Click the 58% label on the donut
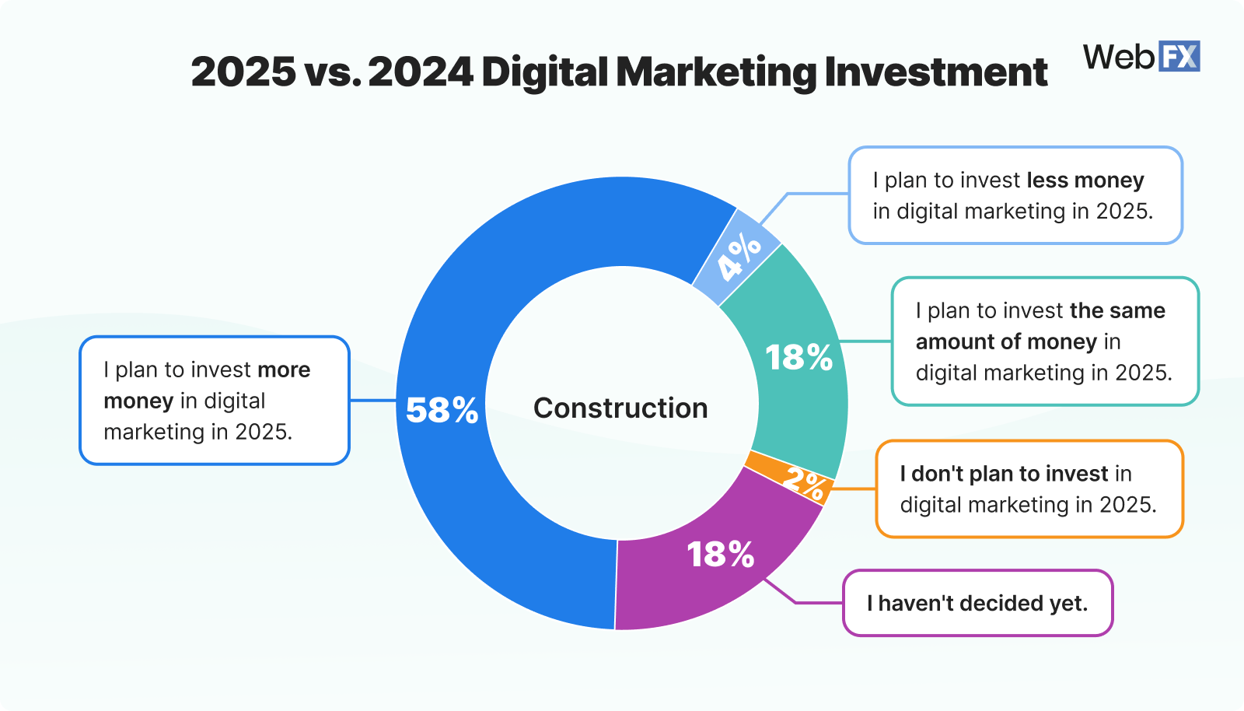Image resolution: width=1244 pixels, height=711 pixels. pyautogui.click(x=442, y=410)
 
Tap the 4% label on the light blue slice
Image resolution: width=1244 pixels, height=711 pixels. pyautogui.click(x=739, y=256)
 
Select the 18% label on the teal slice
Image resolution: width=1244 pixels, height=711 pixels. pyautogui.click(x=798, y=358)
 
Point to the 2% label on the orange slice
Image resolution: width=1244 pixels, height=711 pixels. pyautogui.click(x=804, y=484)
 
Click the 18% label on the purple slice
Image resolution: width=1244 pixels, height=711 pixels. pyautogui.click(x=721, y=555)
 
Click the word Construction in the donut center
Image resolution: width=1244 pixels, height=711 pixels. pyautogui.click(x=620, y=408)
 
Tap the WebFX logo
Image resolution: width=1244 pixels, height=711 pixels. pyautogui.click(x=1141, y=57)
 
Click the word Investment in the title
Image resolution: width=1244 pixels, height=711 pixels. pyautogui.click(x=936, y=72)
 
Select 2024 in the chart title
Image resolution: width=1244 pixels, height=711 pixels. pyautogui.click(x=421, y=72)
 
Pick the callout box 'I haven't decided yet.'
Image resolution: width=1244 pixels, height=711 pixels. pyautogui.click(x=977, y=603)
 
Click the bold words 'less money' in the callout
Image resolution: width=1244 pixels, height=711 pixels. pyautogui.click(x=1085, y=180)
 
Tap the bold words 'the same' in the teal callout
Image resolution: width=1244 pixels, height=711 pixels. pyautogui.click(x=1117, y=311)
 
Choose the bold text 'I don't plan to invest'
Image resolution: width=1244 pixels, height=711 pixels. pyautogui.click(x=1004, y=474)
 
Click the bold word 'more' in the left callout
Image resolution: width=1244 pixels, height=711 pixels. pyautogui.click(x=284, y=370)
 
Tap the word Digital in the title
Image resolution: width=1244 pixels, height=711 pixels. pyautogui.click(x=544, y=72)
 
